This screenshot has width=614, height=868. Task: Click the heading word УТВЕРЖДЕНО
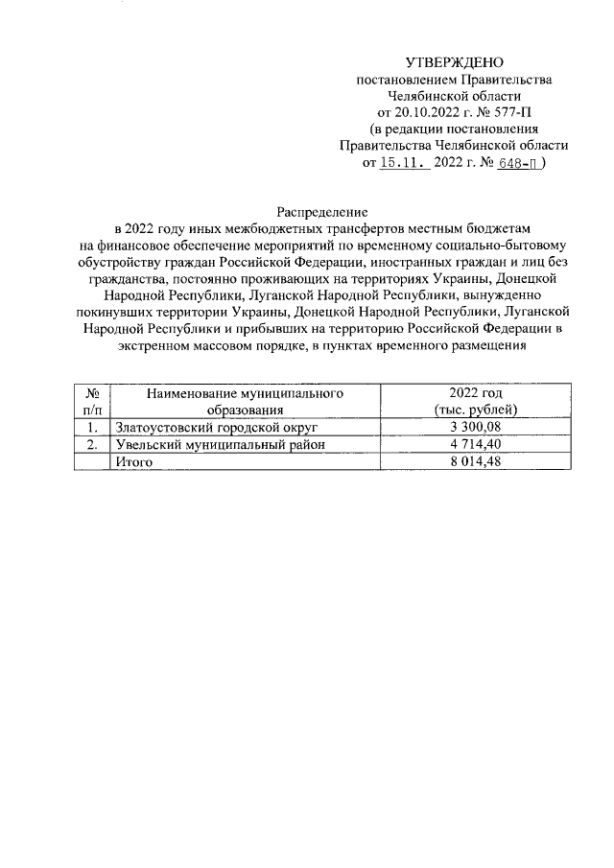click(x=454, y=62)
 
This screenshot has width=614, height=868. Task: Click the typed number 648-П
click(x=519, y=163)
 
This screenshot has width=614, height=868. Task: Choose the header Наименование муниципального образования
click(x=245, y=401)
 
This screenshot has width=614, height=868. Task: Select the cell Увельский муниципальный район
click(x=220, y=444)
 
